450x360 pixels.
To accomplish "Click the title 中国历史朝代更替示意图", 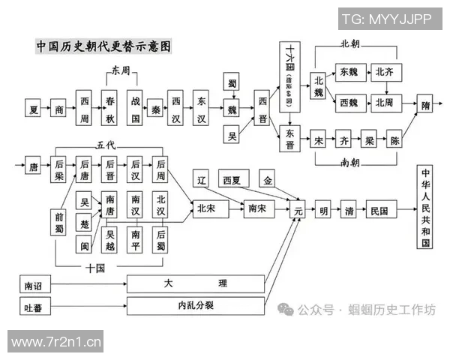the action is (104, 46).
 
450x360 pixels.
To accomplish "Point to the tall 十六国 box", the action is (291, 75).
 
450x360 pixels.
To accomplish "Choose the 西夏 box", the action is (233, 180).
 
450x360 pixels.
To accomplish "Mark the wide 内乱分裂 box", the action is (196, 305).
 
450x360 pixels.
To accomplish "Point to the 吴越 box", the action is (110, 240).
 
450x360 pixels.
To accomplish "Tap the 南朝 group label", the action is (351, 160).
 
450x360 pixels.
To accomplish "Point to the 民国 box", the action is (379, 211).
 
